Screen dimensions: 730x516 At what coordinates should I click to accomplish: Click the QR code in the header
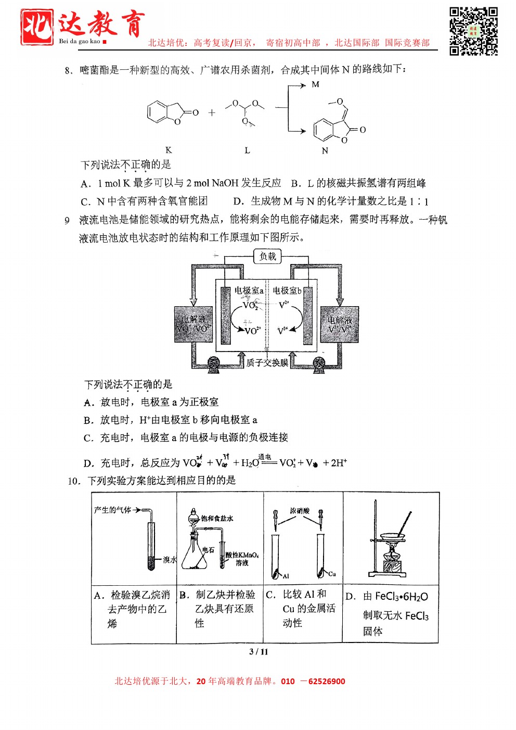click(473, 31)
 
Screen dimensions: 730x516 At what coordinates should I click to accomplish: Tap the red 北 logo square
click(36, 27)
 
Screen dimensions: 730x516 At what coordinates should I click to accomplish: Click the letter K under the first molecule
click(168, 150)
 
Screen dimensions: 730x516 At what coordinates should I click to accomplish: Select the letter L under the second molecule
click(247, 150)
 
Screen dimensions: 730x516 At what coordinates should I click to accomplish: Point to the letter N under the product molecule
click(325, 150)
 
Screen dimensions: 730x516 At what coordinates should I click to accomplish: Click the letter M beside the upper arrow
click(315, 84)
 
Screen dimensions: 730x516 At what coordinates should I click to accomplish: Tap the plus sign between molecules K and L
click(212, 112)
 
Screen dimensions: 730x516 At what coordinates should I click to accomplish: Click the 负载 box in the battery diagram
click(267, 256)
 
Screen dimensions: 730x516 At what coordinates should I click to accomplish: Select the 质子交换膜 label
click(267, 362)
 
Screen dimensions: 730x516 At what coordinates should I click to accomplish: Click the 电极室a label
click(249, 291)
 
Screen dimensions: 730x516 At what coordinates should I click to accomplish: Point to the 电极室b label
click(287, 291)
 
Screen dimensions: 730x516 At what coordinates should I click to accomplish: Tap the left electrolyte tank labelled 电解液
click(193, 324)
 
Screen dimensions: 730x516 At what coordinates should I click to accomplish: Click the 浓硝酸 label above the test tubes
click(300, 511)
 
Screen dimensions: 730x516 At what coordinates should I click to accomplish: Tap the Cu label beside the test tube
click(332, 574)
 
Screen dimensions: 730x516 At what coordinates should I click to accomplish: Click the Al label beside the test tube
click(286, 576)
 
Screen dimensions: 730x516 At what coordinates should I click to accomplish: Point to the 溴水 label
click(170, 560)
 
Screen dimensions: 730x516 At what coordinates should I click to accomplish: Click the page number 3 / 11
click(259, 652)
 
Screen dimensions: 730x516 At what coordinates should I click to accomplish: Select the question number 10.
click(74, 481)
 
